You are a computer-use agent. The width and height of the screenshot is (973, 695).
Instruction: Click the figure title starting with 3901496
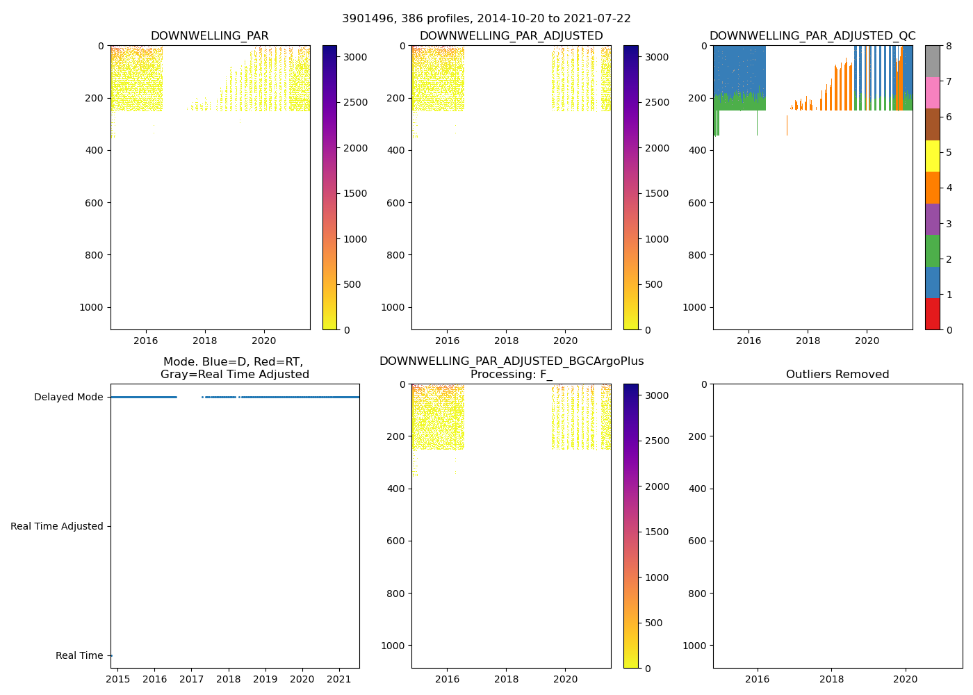(x=486, y=19)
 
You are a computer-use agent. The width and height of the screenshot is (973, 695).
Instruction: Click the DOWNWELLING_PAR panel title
(x=209, y=36)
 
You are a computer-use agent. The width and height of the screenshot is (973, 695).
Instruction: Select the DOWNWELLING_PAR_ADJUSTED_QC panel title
(x=812, y=36)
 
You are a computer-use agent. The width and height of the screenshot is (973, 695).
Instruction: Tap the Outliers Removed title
(x=837, y=375)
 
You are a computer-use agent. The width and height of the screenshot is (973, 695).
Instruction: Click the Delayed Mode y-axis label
(x=68, y=398)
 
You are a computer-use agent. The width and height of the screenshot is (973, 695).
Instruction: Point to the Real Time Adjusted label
(x=56, y=527)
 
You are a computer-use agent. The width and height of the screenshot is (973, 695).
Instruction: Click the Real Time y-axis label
(x=79, y=656)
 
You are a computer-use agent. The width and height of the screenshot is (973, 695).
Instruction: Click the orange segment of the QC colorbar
(x=933, y=188)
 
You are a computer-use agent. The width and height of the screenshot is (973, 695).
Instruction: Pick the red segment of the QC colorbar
(x=933, y=313)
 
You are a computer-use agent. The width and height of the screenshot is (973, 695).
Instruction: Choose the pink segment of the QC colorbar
(x=933, y=92)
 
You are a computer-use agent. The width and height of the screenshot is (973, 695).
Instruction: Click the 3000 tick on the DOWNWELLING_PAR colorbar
(x=355, y=57)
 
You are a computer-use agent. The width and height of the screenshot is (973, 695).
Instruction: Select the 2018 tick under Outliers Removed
(x=831, y=679)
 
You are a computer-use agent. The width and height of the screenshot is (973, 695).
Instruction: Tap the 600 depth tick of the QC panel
(x=697, y=203)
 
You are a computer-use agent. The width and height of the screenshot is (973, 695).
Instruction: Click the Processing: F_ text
(x=511, y=375)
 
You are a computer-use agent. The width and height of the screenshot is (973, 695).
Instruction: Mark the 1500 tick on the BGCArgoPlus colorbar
(x=657, y=532)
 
